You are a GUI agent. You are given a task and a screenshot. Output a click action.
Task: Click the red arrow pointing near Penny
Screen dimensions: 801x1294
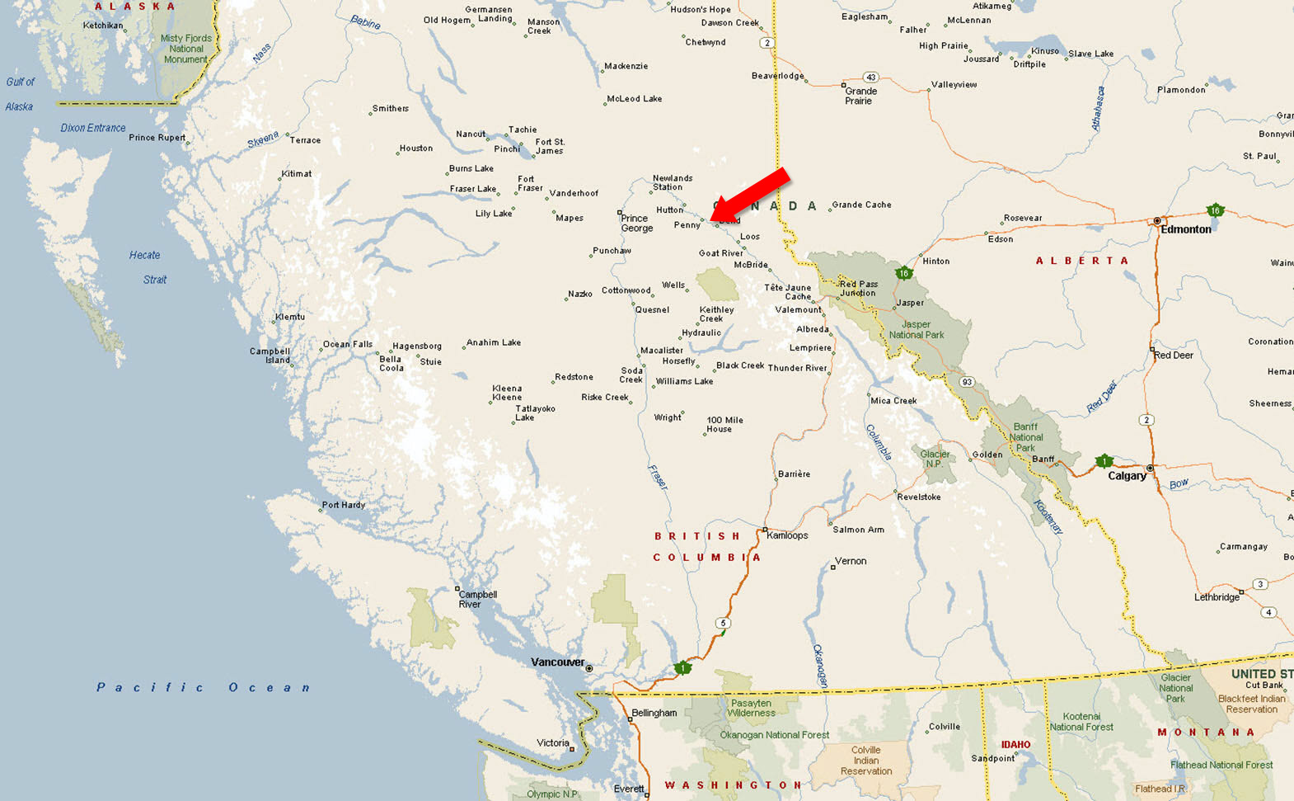[x=750, y=196]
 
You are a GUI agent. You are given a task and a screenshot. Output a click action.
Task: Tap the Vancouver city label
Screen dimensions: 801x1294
[x=557, y=662]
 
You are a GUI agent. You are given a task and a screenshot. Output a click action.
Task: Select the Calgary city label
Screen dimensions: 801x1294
[x=1127, y=476]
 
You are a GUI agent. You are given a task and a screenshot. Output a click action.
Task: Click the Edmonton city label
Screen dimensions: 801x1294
[x=1185, y=229]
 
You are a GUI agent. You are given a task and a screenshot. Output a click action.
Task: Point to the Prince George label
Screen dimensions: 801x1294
[x=636, y=224]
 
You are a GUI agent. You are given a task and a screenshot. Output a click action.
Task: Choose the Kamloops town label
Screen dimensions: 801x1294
[x=787, y=535]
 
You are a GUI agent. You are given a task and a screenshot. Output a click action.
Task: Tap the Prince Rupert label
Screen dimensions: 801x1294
[x=157, y=138]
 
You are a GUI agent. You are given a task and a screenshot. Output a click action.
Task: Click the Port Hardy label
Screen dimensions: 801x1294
[x=343, y=505]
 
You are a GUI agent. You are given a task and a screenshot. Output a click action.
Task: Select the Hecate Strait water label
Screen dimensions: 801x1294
[x=146, y=267]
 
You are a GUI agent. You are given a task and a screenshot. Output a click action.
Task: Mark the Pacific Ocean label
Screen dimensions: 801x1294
[x=203, y=687]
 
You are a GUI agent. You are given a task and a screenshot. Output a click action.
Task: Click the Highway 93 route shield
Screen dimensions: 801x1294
[x=967, y=382]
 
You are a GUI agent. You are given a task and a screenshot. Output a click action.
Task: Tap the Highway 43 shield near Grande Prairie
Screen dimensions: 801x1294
[x=870, y=78]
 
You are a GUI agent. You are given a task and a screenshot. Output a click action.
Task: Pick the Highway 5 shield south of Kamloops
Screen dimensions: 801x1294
[x=723, y=624]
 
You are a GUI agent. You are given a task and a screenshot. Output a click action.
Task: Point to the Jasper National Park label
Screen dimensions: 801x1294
[x=917, y=330]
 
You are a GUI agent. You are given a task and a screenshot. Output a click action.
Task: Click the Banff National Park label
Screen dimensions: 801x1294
[x=1025, y=438]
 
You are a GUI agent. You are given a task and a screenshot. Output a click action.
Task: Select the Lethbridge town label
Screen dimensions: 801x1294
[x=1217, y=597]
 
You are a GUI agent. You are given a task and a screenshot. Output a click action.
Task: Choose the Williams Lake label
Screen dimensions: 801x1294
[x=684, y=382]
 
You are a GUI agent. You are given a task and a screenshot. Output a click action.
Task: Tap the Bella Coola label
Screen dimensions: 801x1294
[x=391, y=364]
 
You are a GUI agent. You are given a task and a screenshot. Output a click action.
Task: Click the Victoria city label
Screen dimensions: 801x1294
[x=552, y=743]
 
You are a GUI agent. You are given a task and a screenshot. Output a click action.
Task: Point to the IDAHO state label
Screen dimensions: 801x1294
[x=1015, y=745]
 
